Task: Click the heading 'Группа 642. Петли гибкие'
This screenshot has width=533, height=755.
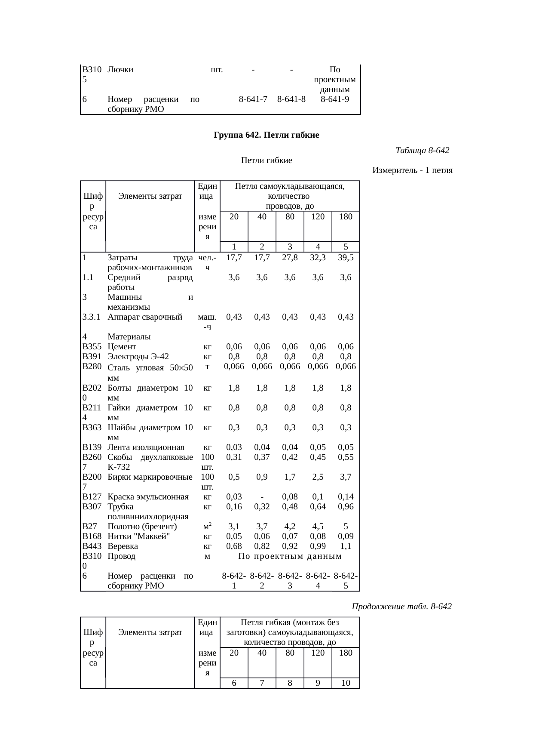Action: (x=266, y=135)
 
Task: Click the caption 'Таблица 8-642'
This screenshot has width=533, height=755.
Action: (x=422, y=151)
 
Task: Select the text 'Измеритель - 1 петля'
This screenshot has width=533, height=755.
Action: (x=412, y=170)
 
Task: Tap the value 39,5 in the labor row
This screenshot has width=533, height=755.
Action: (x=346, y=258)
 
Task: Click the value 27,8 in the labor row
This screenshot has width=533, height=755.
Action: (x=290, y=258)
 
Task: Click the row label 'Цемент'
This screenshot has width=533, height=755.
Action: (x=122, y=347)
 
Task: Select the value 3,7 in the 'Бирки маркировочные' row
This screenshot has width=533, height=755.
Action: (x=346, y=477)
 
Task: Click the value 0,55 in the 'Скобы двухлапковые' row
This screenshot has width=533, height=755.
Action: (x=346, y=457)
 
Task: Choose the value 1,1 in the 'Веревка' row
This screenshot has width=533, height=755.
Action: (x=346, y=546)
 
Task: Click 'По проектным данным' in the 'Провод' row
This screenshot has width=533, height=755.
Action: (x=290, y=557)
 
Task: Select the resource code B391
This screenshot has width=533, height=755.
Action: (x=92, y=357)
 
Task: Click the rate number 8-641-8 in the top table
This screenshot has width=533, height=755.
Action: (x=291, y=99)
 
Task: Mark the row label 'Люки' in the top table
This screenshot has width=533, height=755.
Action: (x=120, y=70)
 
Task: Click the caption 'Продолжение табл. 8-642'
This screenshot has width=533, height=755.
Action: (x=401, y=607)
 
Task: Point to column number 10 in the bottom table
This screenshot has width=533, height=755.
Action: (x=346, y=683)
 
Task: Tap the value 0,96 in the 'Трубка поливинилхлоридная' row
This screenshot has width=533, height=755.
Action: (x=346, y=507)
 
